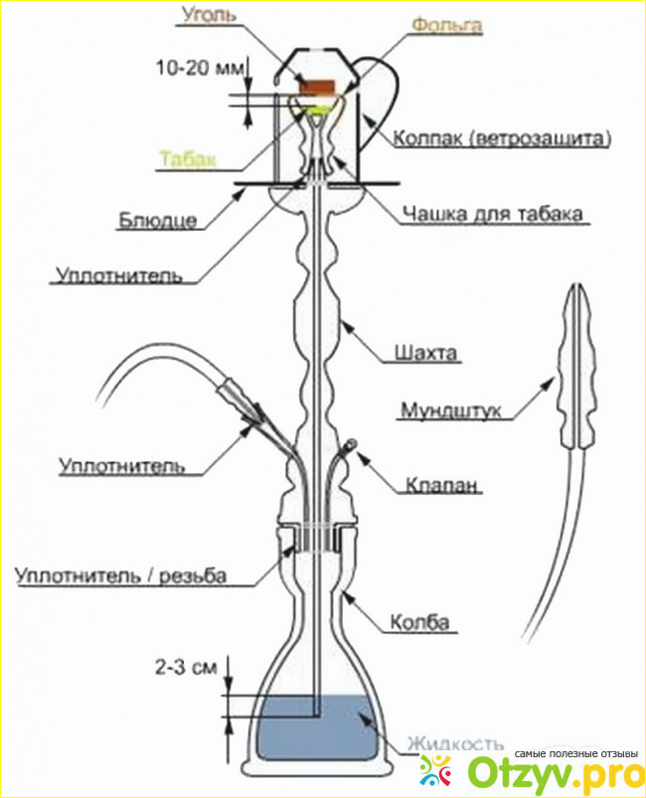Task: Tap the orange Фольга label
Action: tap(447, 25)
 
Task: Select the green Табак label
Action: tap(188, 159)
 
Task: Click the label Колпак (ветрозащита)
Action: tap(502, 138)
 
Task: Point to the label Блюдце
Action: tap(157, 220)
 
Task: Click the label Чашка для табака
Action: tap(493, 214)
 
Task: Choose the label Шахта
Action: tap(426, 353)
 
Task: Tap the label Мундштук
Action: tap(451, 410)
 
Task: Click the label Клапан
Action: tap(442, 485)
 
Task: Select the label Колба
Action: tap(419, 622)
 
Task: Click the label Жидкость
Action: tap(454, 744)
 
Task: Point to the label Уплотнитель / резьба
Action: tap(120, 575)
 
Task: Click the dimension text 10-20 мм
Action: tap(200, 68)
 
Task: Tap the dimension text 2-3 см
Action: tap(186, 667)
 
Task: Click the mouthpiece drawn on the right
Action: tap(576, 372)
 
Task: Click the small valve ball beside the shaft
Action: tap(351, 445)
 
